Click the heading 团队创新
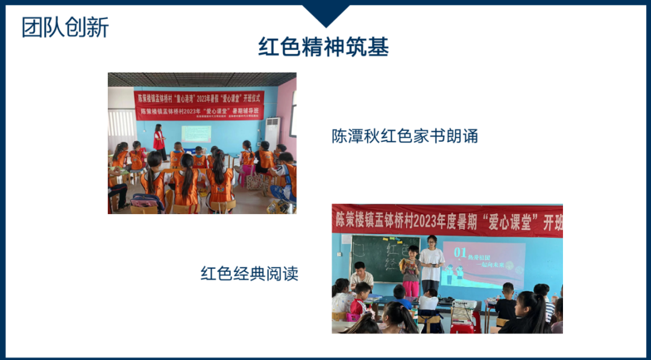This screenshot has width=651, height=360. (65, 28)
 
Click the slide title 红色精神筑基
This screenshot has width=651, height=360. (324, 46)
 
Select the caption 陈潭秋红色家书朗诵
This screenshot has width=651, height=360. (404, 136)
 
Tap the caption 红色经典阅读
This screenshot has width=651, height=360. (250, 273)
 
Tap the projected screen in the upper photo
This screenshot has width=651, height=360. (196, 134)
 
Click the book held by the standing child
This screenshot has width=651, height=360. (410, 264)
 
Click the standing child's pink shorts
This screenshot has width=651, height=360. (411, 288)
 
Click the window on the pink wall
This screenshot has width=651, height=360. (293, 115)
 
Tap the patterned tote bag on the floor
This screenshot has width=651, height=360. (255, 182)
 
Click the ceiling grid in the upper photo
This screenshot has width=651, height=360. (202, 79)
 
